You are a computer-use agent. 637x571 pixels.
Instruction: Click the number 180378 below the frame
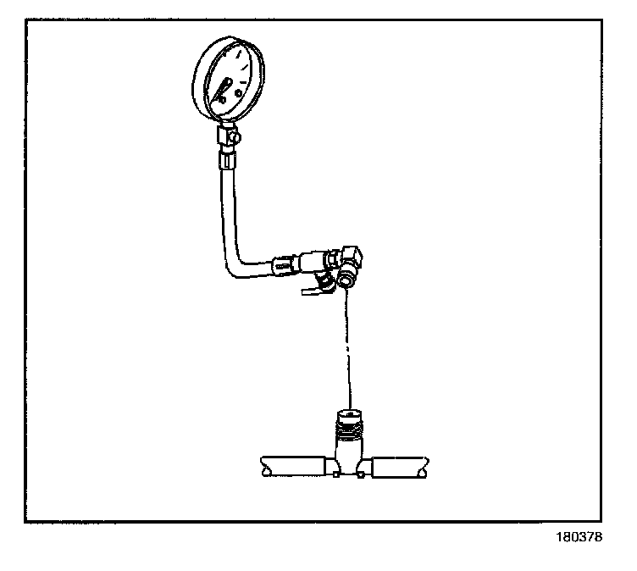pyautogui.click(x=579, y=537)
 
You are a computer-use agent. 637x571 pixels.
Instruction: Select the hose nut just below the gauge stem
pyautogui.click(x=227, y=158)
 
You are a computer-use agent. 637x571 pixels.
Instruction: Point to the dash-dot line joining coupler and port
pyautogui.click(x=348, y=339)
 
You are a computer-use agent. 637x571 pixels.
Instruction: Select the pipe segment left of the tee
pyautogui.click(x=296, y=465)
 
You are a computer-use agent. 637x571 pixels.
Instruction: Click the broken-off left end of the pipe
pyautogui.click(x=263, y=465)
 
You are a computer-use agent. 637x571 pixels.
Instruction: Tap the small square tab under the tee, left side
pyautogui.click(x=336, y=475)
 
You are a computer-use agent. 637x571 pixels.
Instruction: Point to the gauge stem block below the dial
pyautogui.click(x=226, y=133)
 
